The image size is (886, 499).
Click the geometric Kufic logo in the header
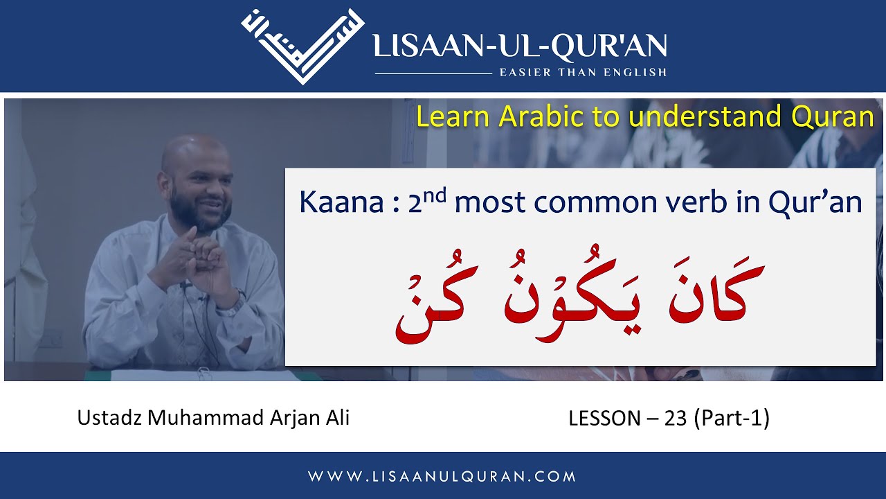303,46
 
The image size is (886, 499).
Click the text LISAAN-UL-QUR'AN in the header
520,46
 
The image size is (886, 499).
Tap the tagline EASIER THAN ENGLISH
583,72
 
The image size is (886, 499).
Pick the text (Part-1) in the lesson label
732,419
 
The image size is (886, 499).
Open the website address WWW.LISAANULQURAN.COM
442,476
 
